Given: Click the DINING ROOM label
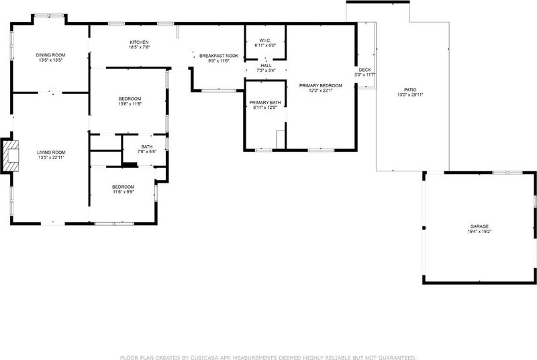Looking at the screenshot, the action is pyautogui.click(x=50, y=55).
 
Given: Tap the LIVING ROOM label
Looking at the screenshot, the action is pyautogui.click(x=51, y=152).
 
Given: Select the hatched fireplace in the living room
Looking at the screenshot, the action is pyautogui.click(x=10, y=156).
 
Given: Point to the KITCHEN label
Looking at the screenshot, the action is pyautogui.click(x=139, y=42).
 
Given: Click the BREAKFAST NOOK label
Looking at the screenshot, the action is pyautogui.click(x=219, y=56).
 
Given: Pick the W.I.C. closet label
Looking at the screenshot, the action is pyautogui.click(x=265, y=40).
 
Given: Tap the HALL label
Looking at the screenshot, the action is pyautogui.click(x=266, y=65).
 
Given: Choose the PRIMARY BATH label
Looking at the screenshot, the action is pyautogui.click(x=265, y=102).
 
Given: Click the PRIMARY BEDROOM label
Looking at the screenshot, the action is pyautogui.click(x=321, y=85).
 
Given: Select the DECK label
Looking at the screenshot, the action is pyautogui.click(x=365, y=70).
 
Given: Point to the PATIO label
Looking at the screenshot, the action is pyautogui.click(x=410, y=90).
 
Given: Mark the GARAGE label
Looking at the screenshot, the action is pyautogui.click(x=479, y=226).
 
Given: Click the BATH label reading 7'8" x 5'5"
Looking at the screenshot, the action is pyautogui.click(x=147, y=146).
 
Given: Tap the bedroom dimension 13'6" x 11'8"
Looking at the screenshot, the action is pyautogui.click(x=130, y=104).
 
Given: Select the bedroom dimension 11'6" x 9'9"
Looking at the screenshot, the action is pyautogui.click(x=124, y=192).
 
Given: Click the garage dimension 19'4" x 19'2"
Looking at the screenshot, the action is pyautogui.click(x=479, y=232).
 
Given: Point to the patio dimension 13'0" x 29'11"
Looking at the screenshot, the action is pyautogui.click(x=410, y=95).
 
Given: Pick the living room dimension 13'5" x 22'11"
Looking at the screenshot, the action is pyautogui.click(x=51, y=158).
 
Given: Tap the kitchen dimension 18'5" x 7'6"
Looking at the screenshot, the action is pyautogui.click(x=140, y=47).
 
